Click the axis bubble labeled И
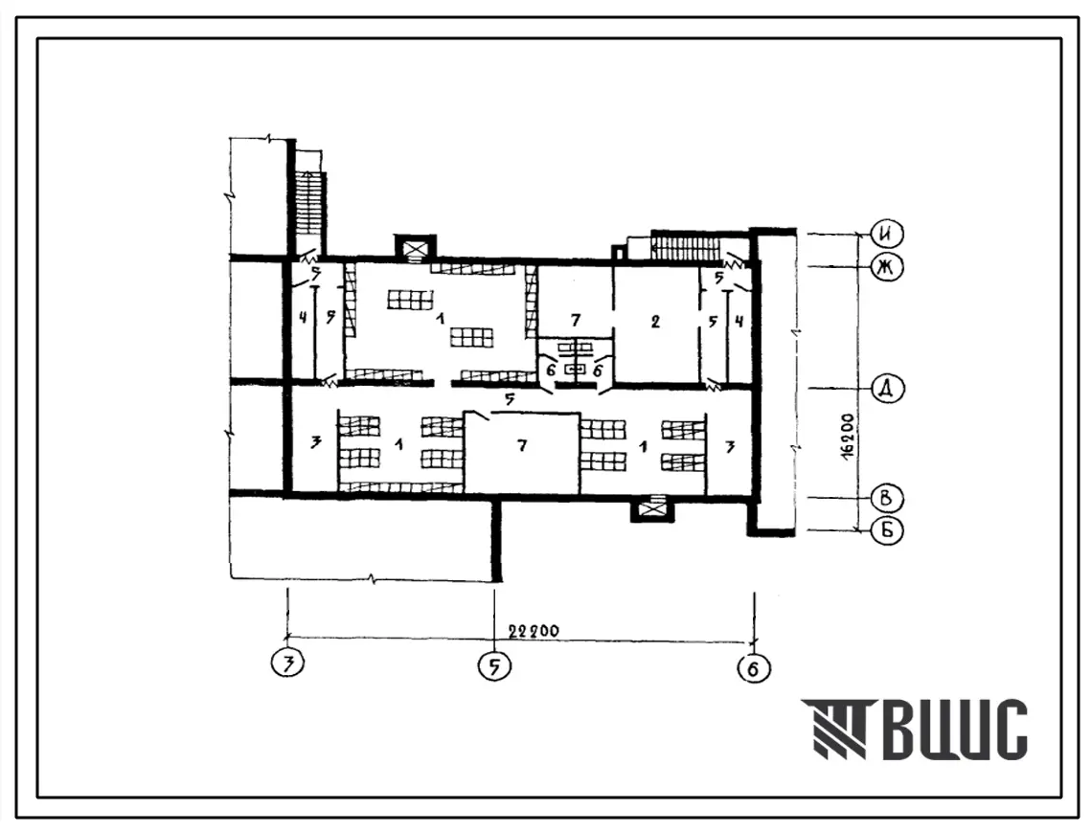[886, 235]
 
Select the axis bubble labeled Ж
[886, 267]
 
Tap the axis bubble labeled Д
[886, 389]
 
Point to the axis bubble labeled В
[886, 498]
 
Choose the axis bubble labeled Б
[886, 530]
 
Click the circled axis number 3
[288, 664]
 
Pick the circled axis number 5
[494, 666]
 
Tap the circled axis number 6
[754, 668]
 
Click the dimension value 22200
[534, 631]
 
